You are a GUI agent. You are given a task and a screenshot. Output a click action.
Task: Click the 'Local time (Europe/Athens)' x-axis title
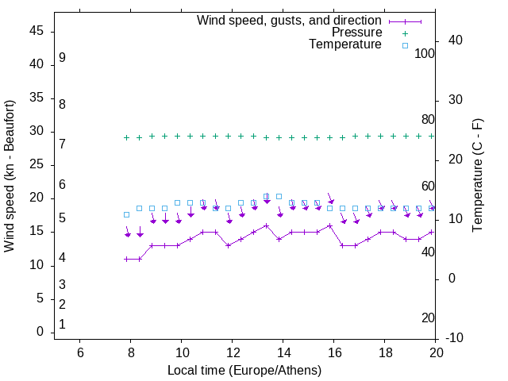(x=244, y=370)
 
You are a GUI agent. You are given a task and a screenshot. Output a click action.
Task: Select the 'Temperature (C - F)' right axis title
(x=478, y=175)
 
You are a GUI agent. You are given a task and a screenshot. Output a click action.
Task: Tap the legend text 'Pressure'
(x=356, y=33)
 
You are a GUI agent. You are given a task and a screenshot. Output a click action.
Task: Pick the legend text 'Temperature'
(x=345, y=44)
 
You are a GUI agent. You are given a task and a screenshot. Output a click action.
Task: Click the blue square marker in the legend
(x=405, y=45)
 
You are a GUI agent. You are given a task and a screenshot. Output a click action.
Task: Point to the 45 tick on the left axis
(x=36, y=31)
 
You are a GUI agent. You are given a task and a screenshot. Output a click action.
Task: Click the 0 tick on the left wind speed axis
(x=40, y=332)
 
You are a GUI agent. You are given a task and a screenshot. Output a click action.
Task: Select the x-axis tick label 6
(x=79, y=352)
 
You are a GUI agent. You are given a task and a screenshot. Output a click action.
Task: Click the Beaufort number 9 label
(x=62, y=58)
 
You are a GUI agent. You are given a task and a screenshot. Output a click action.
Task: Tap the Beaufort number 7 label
(x=62, y=144)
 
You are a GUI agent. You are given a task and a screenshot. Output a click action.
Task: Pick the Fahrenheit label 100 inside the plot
(x=425, y=53)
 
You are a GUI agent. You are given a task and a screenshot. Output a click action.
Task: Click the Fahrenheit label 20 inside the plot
(x=428, y=317)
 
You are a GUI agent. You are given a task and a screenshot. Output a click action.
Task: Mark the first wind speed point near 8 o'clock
(x=126, y=259)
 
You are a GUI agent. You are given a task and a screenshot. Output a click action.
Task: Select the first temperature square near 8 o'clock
(x=126, y=215)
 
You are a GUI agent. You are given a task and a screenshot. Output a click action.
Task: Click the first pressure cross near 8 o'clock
(x=126, y=137)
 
